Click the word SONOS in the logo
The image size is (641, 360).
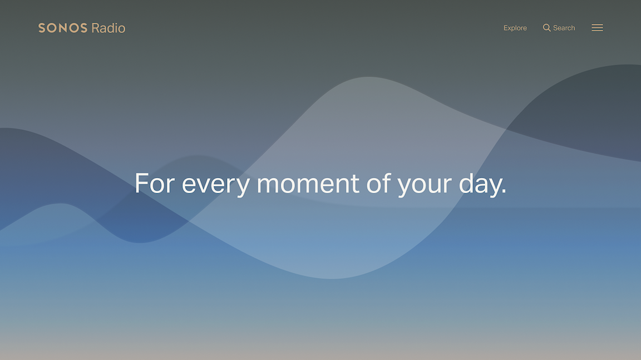tap(63, 28)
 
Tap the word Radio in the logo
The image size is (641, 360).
tap(109, 28)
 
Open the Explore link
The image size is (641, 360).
tap(515, 28)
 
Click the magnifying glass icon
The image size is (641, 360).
tap(546, 28)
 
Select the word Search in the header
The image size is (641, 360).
tap(564, 28)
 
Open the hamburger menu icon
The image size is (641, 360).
tap(597, 28)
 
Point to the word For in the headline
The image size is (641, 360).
tap(155, 183)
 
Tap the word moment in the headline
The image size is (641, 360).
tap(308, 184)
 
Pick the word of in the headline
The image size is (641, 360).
tap(378, 183)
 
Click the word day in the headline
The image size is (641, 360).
tap(479, 185)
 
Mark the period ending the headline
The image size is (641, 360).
tap(504, 191)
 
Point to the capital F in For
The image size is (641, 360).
tap(142, 183)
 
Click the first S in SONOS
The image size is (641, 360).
tap(42, 28)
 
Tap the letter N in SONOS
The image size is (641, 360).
tap(63, 28)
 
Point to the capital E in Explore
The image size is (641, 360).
tap(506, 28)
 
